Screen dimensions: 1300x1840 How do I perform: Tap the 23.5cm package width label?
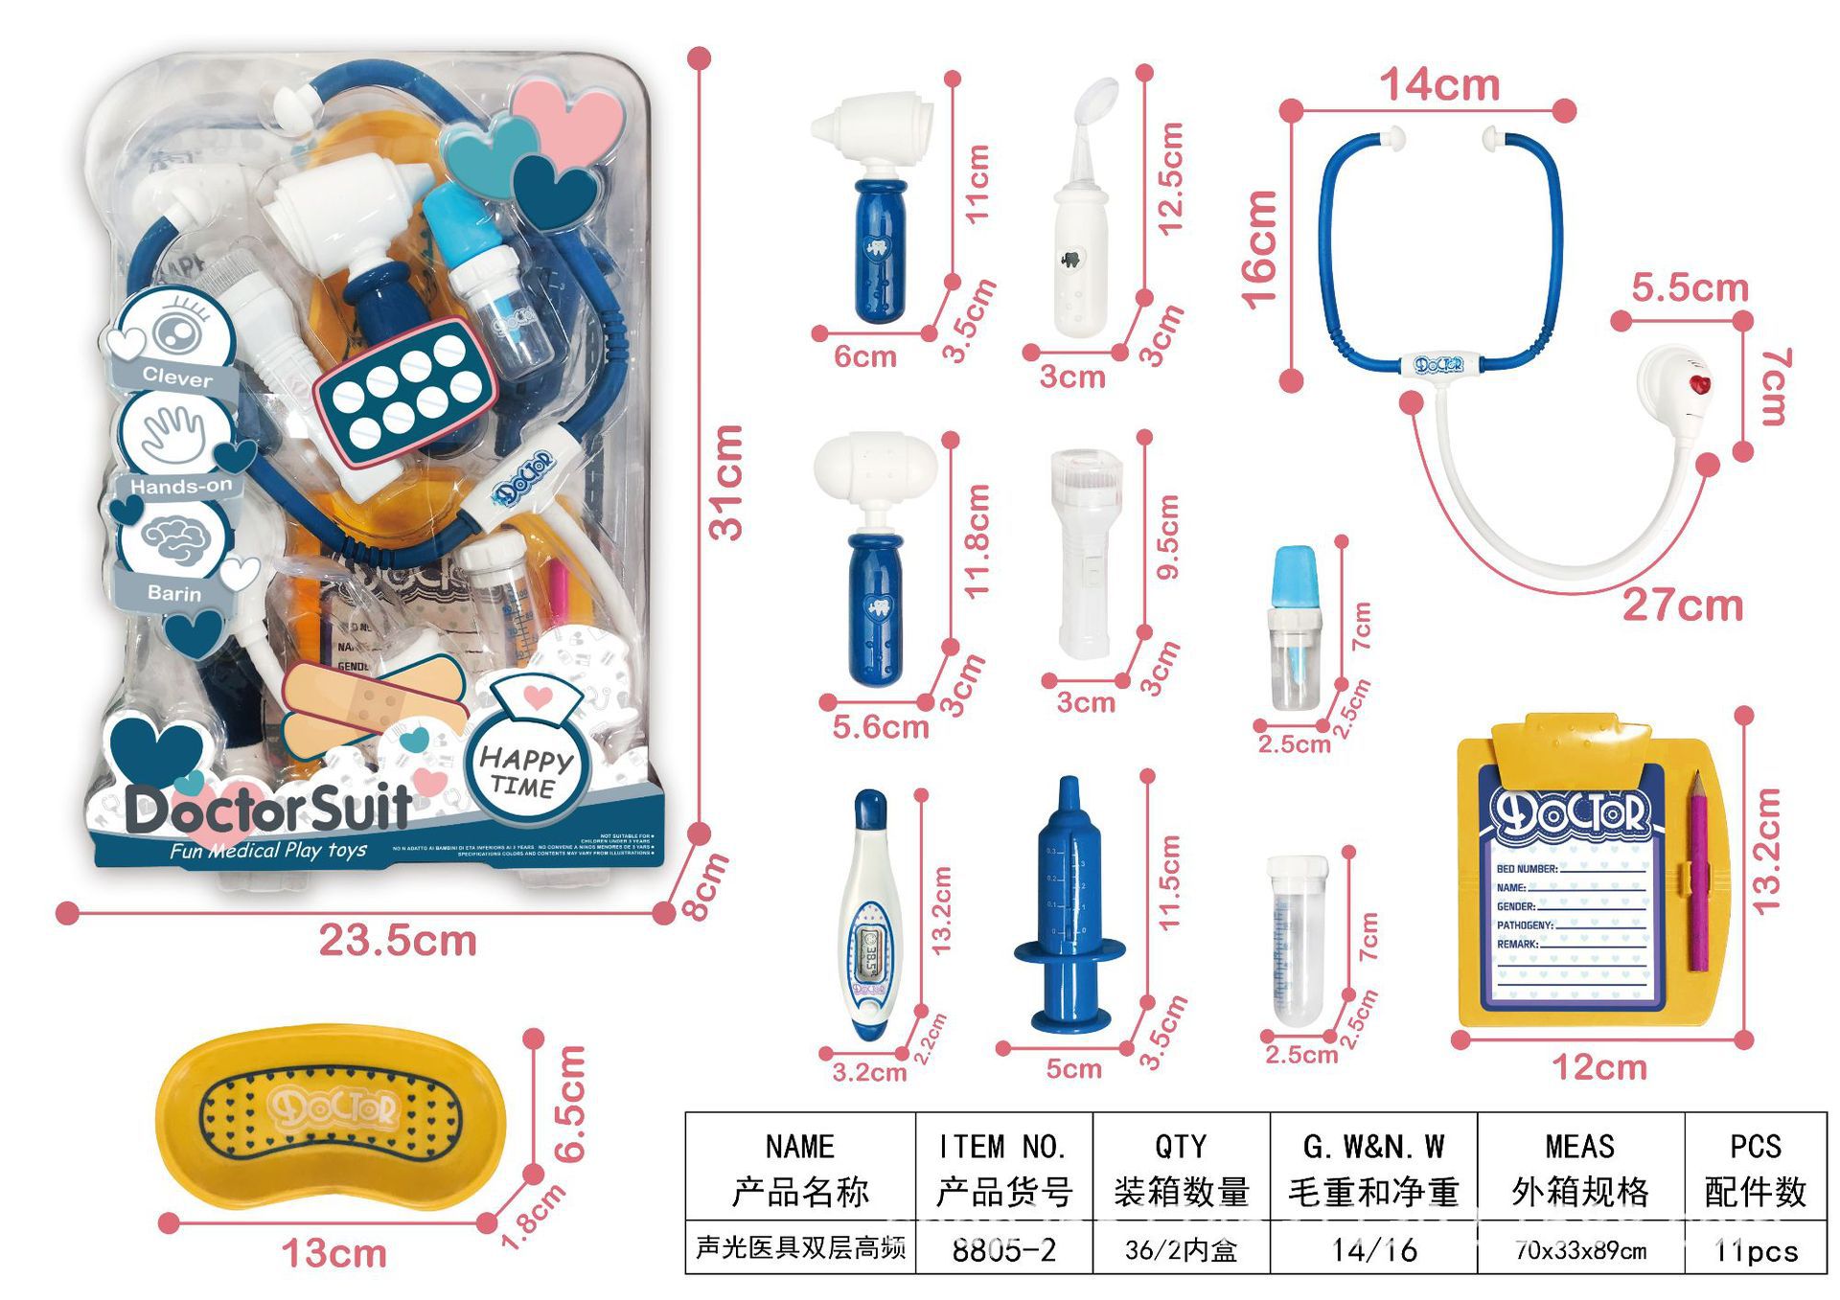coord(398,940)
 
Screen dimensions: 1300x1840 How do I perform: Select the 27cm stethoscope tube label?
coord(1682,605)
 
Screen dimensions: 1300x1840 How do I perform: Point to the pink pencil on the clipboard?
coord(1698,872)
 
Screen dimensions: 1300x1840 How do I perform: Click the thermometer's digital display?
coord(870,948)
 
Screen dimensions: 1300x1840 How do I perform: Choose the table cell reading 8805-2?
coord(1003,1249)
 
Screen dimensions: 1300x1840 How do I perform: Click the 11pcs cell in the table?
coord(1756,1249)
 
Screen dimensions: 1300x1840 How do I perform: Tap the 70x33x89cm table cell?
coord(1580,1249)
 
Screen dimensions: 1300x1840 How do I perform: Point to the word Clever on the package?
coord(177,377)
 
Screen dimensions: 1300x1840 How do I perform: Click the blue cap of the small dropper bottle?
coord(1295,573)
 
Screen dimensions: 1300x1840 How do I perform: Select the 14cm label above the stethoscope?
coord(1439,85)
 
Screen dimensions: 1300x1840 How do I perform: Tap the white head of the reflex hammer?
coord(875,467)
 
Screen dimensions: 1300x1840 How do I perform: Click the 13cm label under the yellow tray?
coord(333,1253)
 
